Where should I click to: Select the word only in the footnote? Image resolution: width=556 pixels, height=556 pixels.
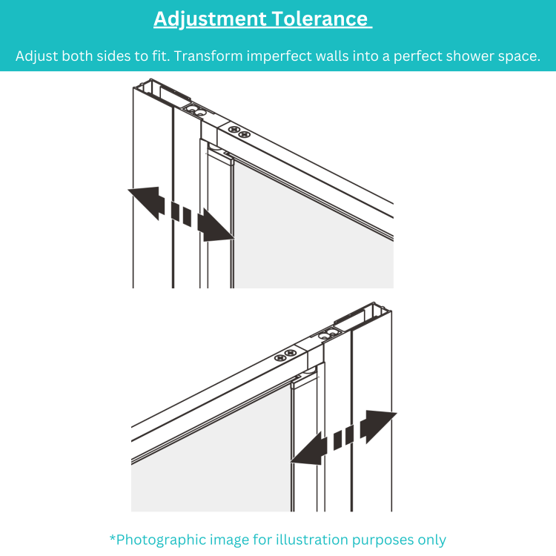430,539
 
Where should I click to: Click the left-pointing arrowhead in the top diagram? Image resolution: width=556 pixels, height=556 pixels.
147,202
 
